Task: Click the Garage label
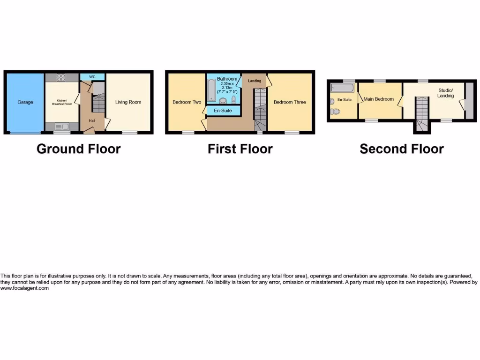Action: pyautogui.click(x=25, y=102)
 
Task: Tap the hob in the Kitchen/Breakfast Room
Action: pyautogui.click(x=62, y=78)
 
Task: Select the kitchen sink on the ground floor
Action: pyautogui.click(x=62, y=126)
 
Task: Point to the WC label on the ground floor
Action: pyautogui.click(x=92, y=77)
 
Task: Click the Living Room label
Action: pyautogui.click(x=128, y=102)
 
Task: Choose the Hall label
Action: pyautogui.click(x=92, y=121)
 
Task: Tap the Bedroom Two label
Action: pyautogui.click(x=187, y=102)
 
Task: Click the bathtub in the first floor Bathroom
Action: pyautogui.click(x=212, y=90)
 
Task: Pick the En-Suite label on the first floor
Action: pyautogui.click(x=223, y=111)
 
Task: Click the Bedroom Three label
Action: pyautogui.click(x=290, y=102)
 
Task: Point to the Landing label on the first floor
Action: pyautogui.click(x=255, y=81)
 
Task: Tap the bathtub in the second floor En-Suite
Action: pyautogui.click(x=342, y=88)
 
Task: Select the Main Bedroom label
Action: pyautogui.click(x=378, y=99)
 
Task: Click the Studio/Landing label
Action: pyautogui.click(x=446, y=93)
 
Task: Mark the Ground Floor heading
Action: pyautogui.click(x=78, y=149)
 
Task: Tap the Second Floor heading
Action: pyautogui.click(x=401, y=149)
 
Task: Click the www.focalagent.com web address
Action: pyautogui.click(x=24, y=288)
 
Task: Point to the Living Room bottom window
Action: pyautogui.click(x=129, y=133)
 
